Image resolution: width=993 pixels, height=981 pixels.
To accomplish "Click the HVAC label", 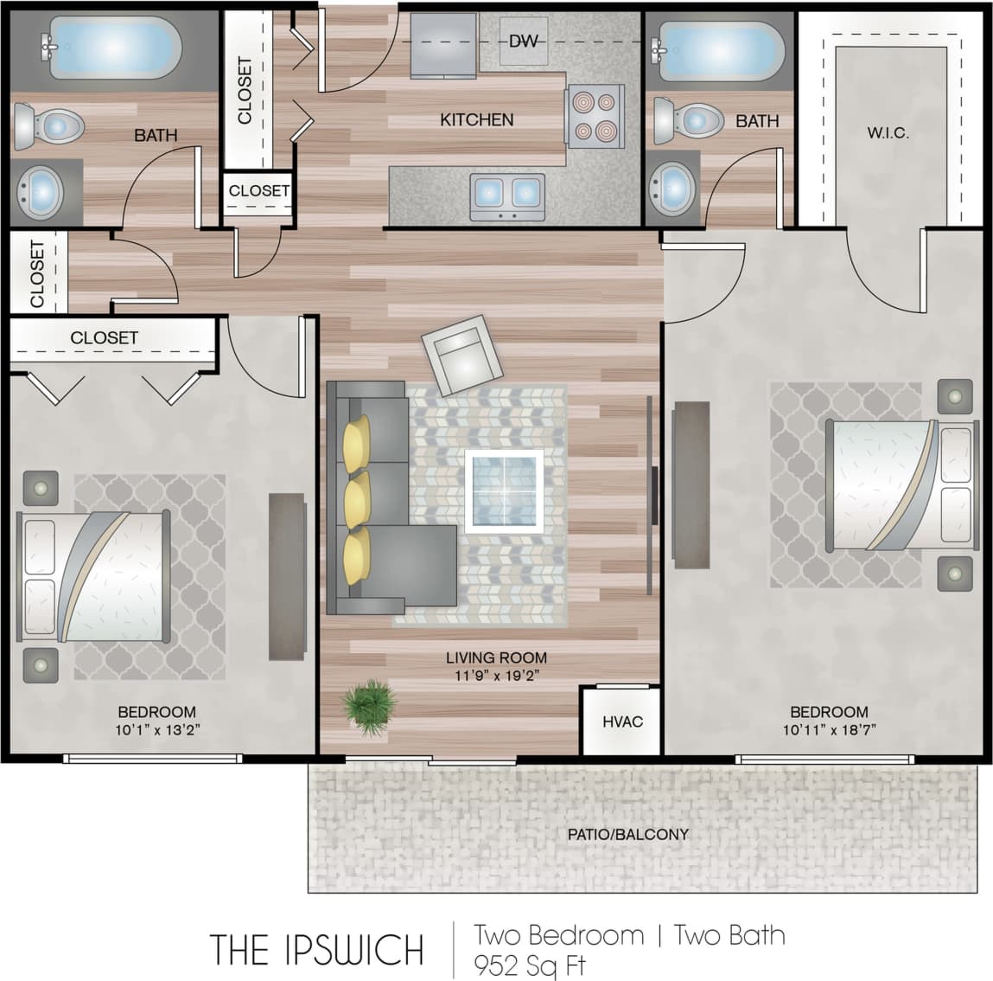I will tap(622, 721).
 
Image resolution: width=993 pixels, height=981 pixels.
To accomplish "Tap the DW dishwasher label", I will tap(523, 41).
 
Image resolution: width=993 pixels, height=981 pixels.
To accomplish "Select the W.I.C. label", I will tap(888, 133).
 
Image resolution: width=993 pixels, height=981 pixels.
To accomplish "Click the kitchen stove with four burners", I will tap(595, 117).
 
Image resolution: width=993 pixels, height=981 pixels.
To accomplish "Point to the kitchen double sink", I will tap(507, 196).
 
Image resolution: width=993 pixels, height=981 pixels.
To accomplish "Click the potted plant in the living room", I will tap(369, 702).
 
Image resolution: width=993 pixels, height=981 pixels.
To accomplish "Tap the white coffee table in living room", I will tap(504, 490).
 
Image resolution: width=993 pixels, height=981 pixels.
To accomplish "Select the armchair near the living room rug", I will tap(462, 355).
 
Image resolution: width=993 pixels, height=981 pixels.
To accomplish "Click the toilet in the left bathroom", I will tap(48, 126).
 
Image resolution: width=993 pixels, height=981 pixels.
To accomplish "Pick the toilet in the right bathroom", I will tap(687, 121).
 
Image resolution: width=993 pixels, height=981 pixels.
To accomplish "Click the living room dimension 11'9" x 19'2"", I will tap(496, 675).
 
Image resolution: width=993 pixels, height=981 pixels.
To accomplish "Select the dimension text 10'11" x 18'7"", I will tap(829, 729).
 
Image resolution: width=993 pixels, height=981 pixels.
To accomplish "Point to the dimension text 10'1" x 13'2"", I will tap(156, 729).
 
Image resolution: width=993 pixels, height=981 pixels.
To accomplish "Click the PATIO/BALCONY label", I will tap(627, 835).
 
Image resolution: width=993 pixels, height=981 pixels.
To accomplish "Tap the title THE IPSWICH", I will tap(316, 950).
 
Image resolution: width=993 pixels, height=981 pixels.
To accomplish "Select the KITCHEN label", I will tap(476, 119).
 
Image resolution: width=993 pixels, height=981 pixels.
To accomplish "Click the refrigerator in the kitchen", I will tap(443, 45).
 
